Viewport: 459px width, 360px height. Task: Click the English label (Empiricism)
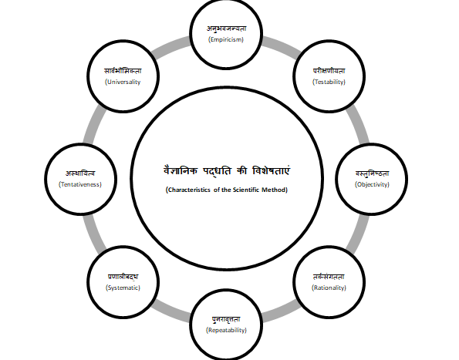[226, 39]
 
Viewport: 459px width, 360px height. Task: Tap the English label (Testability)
[329, 82]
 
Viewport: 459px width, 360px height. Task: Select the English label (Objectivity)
[372, 184]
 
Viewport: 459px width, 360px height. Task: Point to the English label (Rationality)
[329, 288]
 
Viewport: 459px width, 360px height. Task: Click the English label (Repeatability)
[226, 330]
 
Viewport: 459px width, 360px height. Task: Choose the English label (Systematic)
[123, 288]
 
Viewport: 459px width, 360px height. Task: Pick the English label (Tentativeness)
[80, 184]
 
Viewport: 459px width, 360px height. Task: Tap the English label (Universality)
[123, 82]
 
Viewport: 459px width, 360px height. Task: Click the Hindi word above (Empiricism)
[226, 29]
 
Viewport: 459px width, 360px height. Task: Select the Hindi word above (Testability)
[329, 71]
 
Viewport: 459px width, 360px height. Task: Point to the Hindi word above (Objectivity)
[373, 173]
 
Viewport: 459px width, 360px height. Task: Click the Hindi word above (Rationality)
[329, 277]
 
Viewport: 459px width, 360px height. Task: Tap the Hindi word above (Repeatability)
[226, 319]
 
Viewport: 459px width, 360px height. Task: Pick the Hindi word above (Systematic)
[123, 277]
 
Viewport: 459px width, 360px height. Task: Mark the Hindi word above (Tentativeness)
[80, 173]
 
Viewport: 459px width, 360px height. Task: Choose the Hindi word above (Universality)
[123, 71]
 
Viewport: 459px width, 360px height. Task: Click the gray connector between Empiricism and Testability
[282, 47]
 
